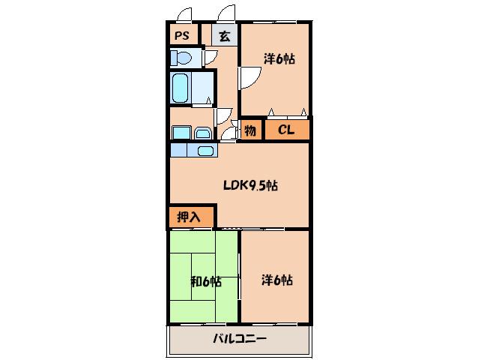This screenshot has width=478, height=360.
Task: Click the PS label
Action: (x=182, y=36)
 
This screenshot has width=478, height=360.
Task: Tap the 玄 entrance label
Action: (x=225, y=36)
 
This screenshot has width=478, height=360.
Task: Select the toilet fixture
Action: (x=181, y=57)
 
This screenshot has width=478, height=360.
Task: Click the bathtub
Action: (x=180, y=88)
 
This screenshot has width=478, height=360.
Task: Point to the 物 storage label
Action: (x=250, y=131)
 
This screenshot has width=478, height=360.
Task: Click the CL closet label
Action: (x=286, y=130)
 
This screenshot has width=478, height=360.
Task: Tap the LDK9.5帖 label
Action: (x=250, y=185)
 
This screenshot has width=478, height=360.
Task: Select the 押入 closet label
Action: (x=189, y=217)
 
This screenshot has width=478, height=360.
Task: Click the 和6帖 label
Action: (x=206, y=281)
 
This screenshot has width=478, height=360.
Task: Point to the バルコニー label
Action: (x=240, y=338)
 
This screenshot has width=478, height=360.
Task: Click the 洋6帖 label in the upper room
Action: (x=279, y=59)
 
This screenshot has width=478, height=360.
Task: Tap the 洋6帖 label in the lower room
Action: (x=277, y=280)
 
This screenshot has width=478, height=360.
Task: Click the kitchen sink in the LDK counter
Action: (x=205, y=151)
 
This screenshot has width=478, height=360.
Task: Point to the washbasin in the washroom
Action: (x=203, y=133)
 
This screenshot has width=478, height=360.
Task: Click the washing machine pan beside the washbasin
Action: (x=182, y=133)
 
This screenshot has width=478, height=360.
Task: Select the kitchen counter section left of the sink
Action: (x=178, y=151)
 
